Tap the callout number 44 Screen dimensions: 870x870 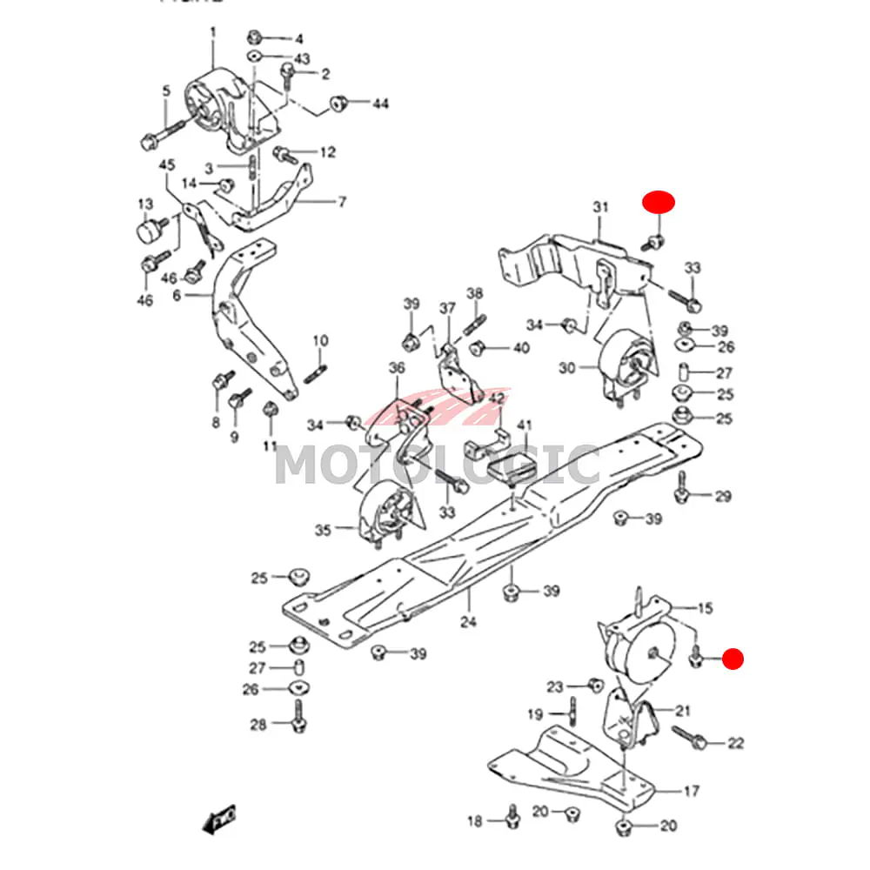pyautogui.click(x=380, y=104)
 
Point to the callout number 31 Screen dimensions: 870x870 pyautogui.click(x=600, y=206)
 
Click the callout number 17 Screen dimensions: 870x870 pyautogui.click(x=692, y=792)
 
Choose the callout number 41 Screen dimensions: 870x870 pyautogui.click(x=524, y=425)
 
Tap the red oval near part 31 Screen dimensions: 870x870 pyautogui.click(x=659, y=202)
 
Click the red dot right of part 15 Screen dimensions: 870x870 pyautogui.click(x=734, y=659)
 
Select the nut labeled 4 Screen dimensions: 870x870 pyautogui.click(x=255, y=37)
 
